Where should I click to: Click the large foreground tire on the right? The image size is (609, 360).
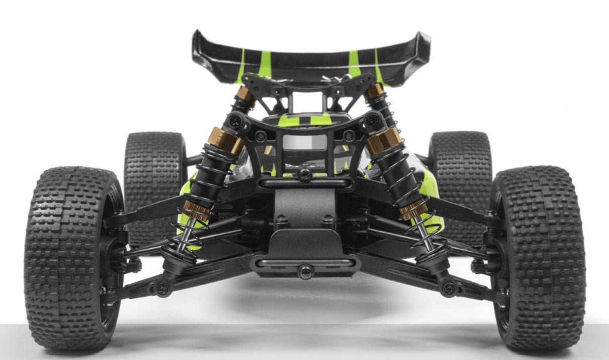click(539, 258)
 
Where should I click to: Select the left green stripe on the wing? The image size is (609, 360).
click(264, 64)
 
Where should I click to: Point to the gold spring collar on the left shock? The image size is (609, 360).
click(197, 209)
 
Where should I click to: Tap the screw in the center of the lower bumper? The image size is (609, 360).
click(305, 271)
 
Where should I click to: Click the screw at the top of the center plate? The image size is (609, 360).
click(304, 174)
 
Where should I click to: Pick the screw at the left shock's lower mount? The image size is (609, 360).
click(162, 288)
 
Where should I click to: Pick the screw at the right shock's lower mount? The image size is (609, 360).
click(448, 288)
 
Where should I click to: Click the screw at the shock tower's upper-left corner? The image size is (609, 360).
click(235, 121)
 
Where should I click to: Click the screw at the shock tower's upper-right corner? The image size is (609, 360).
click(373, 120)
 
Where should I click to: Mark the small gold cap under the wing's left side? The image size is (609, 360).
click(244, 93)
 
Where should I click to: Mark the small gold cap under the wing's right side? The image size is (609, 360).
click(374, 91)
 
